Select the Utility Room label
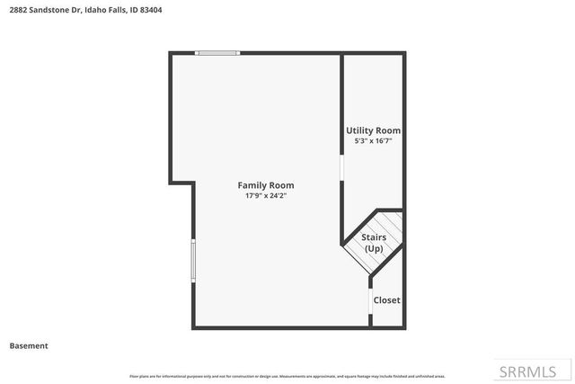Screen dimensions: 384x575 pos(373,130)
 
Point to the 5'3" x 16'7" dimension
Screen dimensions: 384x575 pos(373,141)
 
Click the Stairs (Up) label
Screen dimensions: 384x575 pos(374,243)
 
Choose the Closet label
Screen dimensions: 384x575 pos(386,300)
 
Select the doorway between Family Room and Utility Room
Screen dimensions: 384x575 pos(341,171)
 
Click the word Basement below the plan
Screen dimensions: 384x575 pos(29,345)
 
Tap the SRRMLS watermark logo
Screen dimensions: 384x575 pos(529,371)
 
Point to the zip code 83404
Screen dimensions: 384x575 pos(152,10)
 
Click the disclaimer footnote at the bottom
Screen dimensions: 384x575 pos(287,376)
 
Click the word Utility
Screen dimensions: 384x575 pos(360,130)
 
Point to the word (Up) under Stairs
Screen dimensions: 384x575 pos(374,248)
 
